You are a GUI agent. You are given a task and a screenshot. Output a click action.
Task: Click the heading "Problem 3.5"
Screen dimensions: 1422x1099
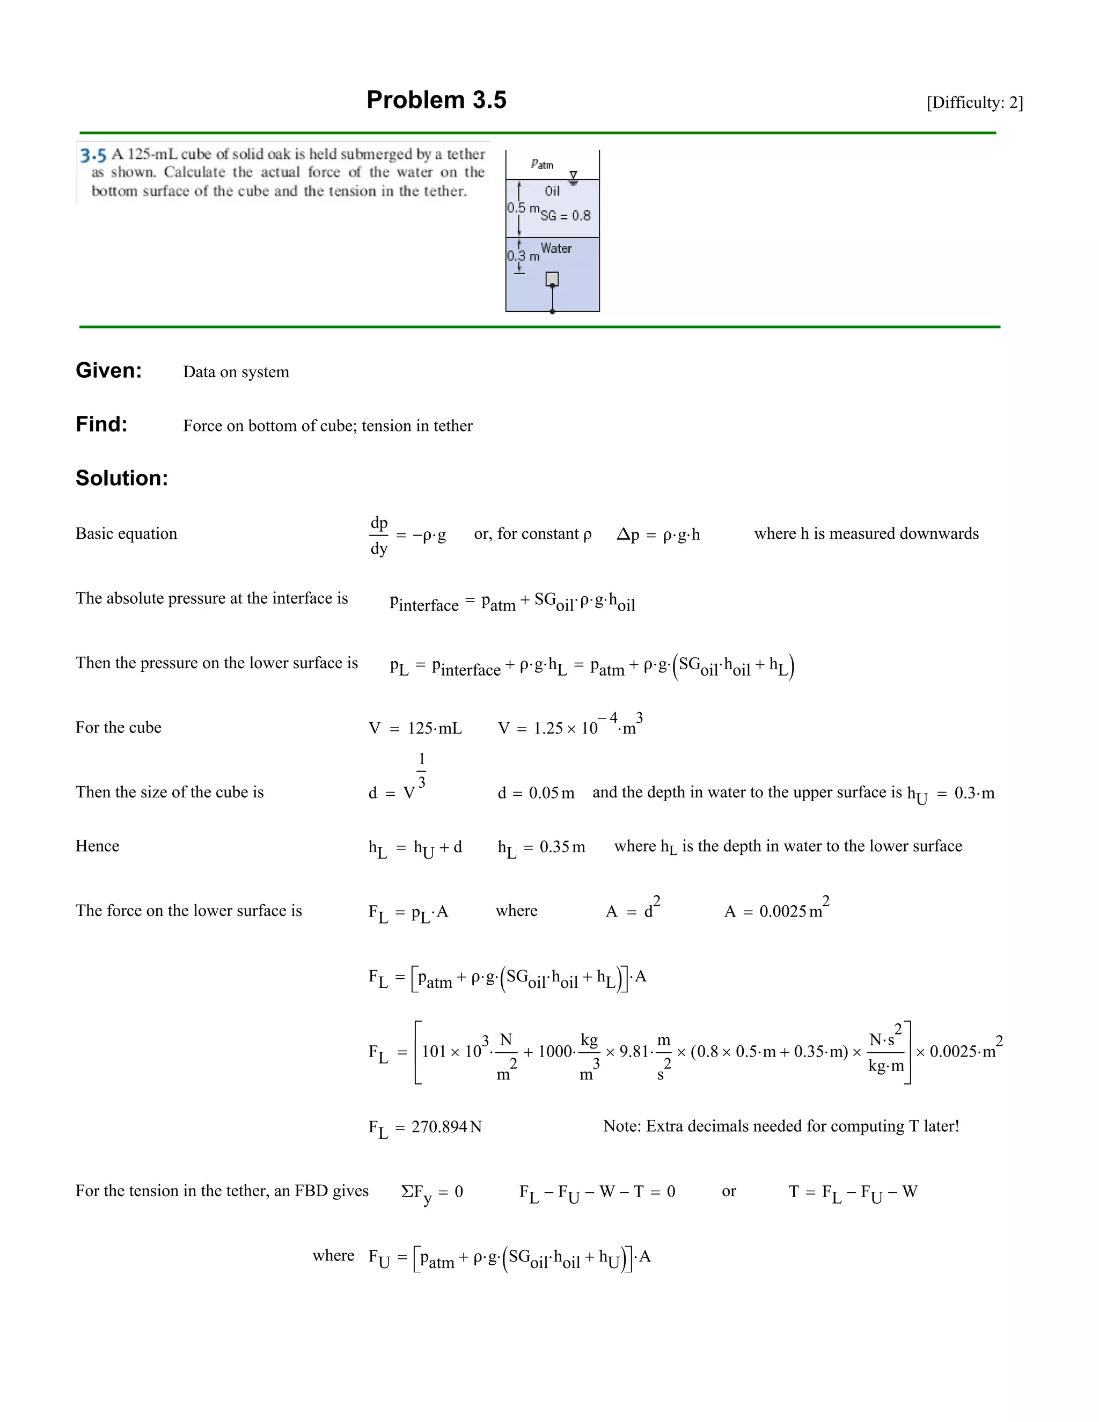point(436,100)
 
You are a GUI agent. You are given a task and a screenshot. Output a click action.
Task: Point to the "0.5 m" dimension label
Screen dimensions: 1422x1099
point(523,208)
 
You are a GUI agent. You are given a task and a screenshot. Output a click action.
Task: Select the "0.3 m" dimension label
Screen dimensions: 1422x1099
point(523,256)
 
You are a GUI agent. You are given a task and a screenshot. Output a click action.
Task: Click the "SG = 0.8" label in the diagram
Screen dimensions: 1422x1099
point(566,216)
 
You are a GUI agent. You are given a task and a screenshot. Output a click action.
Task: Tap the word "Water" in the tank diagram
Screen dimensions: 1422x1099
point(556,248)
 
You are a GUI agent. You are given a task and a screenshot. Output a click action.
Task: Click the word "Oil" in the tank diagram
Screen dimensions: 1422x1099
point(552,191)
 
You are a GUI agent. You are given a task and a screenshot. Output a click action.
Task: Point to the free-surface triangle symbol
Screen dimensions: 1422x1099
point(574,176)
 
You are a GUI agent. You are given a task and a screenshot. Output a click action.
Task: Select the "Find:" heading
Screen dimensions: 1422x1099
point(101,424)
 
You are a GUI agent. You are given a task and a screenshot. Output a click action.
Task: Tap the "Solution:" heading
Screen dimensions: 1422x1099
point(122,478)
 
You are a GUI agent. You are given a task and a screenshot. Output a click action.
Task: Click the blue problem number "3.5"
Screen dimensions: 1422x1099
point(93,155)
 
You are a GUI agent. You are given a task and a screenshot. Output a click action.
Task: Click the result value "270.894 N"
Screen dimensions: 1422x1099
point(446,1126)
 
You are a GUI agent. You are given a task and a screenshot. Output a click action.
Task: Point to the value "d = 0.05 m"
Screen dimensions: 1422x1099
point(536,793)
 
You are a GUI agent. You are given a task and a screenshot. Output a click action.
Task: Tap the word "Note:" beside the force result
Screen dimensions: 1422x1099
point(622,1126)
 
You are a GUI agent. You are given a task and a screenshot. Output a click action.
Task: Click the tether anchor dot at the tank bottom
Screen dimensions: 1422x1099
point(553,312)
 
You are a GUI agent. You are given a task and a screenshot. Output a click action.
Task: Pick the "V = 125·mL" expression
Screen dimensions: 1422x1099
point(415,728)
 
